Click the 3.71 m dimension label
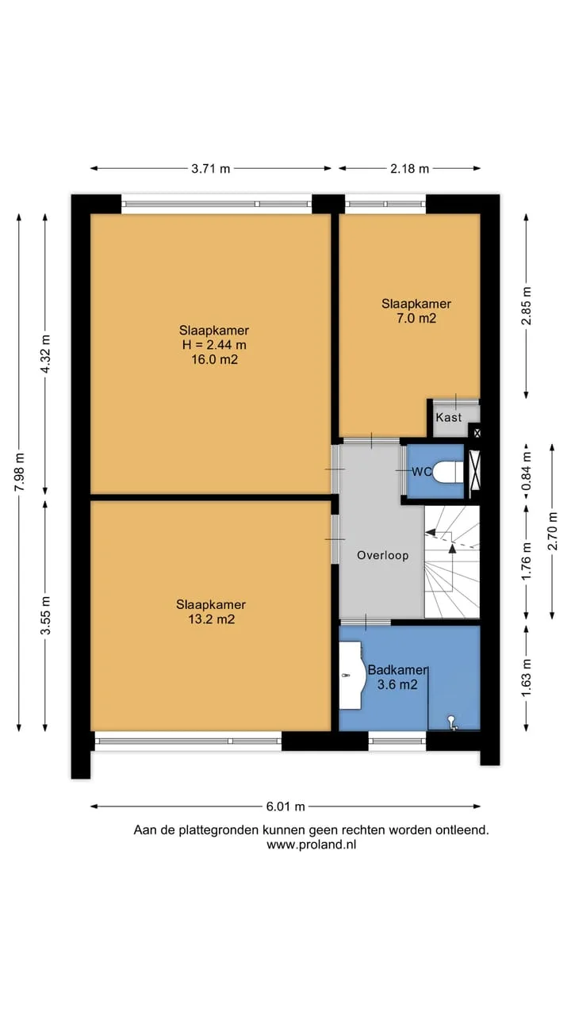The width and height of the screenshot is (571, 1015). (x=210, y=169)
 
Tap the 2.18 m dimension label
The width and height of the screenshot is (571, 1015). (x=409, y=169)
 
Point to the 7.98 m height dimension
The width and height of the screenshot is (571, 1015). (x=20, y=472)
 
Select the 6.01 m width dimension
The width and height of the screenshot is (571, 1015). (x=285, y=806)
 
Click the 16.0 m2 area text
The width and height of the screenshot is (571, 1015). (x=214, y=360)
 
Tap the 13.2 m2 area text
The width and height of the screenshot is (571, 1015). (x=212, y=619)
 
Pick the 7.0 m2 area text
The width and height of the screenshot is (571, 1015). (x=416, y=318)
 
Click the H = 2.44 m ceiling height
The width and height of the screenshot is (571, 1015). (x=214, y=345)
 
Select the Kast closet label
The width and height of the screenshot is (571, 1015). (x=449, y=417)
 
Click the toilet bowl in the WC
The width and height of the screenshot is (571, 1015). (x=447, y=473)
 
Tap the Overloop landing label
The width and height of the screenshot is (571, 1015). (x=383, y=556)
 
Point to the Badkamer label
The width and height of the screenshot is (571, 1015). (x=397, y=670)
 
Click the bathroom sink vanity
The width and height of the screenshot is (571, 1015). (x=352, y=675)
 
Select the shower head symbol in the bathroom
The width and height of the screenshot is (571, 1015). (x=452, y=722)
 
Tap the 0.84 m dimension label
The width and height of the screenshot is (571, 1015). (x=526, y=471)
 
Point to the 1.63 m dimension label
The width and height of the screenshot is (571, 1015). (x=526, y=678)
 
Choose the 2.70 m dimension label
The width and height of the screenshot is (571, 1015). (x=553, y=530)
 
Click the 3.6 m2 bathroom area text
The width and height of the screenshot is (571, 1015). (x=397, y=684)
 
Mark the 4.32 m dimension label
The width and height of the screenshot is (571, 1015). (x=45, y=354)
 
